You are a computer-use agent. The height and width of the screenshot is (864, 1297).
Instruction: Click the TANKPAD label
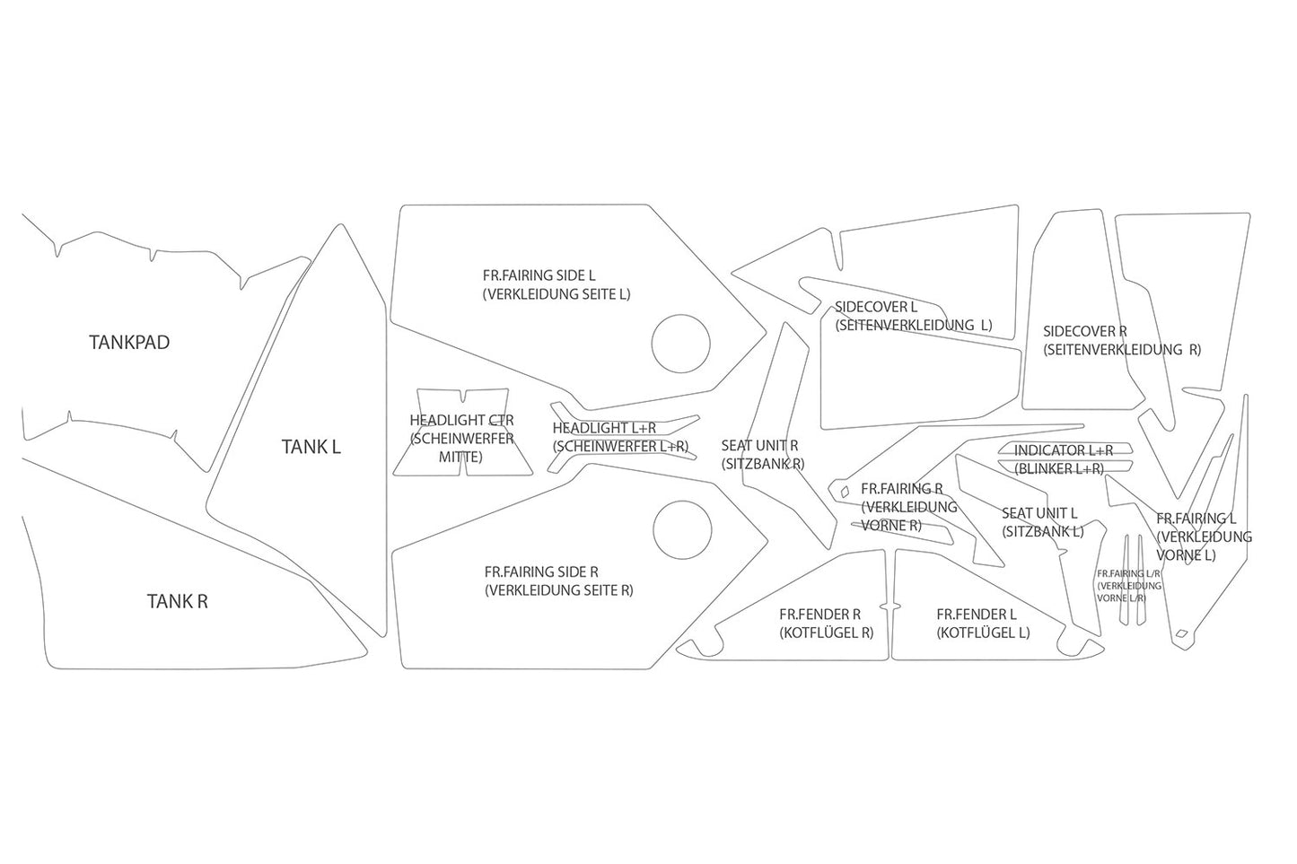(129, 343)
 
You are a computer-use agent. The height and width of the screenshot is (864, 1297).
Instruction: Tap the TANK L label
(311, 447)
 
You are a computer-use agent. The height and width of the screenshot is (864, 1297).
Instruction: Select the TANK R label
(177, 602)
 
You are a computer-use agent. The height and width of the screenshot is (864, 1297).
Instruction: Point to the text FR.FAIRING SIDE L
(539, 275)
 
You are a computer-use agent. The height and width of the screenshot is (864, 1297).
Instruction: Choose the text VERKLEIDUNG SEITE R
(559, 590)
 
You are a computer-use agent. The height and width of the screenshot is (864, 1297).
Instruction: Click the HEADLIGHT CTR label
(461, 420)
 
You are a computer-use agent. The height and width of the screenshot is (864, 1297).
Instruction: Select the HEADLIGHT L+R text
(604, 428)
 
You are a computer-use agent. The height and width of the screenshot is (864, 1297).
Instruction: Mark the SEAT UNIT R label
(759, 446)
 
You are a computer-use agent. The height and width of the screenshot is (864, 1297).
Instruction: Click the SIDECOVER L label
(876, 307)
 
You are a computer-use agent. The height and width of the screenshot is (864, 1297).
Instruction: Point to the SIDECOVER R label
(1085, 331)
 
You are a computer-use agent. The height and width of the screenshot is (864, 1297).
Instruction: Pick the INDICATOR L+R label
(1064, 450)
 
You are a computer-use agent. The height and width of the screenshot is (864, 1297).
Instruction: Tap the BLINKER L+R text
(1059, 468)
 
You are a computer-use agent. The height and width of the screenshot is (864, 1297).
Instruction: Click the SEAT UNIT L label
(1039, 512)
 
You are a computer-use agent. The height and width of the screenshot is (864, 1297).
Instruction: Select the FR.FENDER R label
(819, 614)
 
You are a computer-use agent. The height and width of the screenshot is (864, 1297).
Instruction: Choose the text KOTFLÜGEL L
(983, 633)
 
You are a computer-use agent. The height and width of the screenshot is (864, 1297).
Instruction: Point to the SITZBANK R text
(763, 464)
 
